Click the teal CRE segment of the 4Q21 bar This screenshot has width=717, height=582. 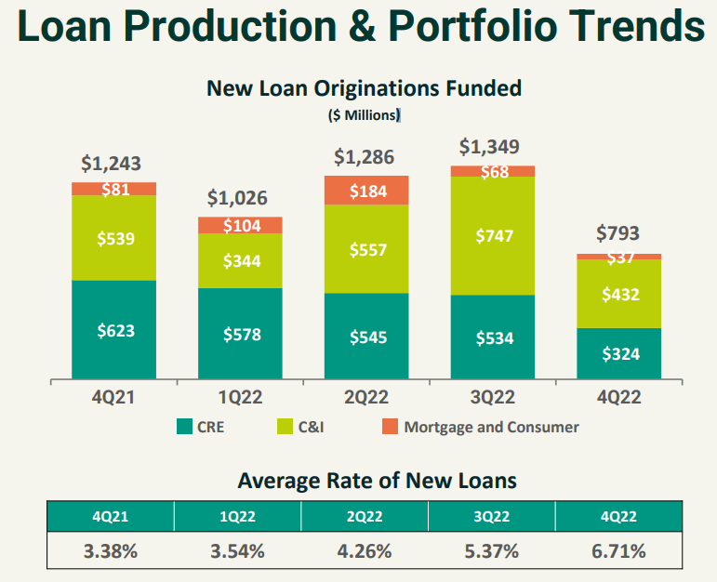113,329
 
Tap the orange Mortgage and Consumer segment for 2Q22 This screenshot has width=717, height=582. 366,191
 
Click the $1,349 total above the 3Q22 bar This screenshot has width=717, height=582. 490,147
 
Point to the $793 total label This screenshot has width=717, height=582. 617,233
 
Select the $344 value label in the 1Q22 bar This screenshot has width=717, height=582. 240,261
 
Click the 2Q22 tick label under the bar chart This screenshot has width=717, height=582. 365,397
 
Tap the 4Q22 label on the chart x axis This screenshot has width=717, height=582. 618,397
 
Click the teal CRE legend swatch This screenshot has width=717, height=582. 184,428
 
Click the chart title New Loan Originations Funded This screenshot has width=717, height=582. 364,88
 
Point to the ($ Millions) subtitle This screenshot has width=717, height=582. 364,116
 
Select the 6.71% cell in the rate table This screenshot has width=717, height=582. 617,550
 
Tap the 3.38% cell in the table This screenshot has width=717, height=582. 111,550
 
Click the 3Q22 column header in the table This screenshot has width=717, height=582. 491,516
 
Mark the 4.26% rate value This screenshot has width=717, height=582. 365,550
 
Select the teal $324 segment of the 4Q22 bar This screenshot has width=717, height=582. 618,353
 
